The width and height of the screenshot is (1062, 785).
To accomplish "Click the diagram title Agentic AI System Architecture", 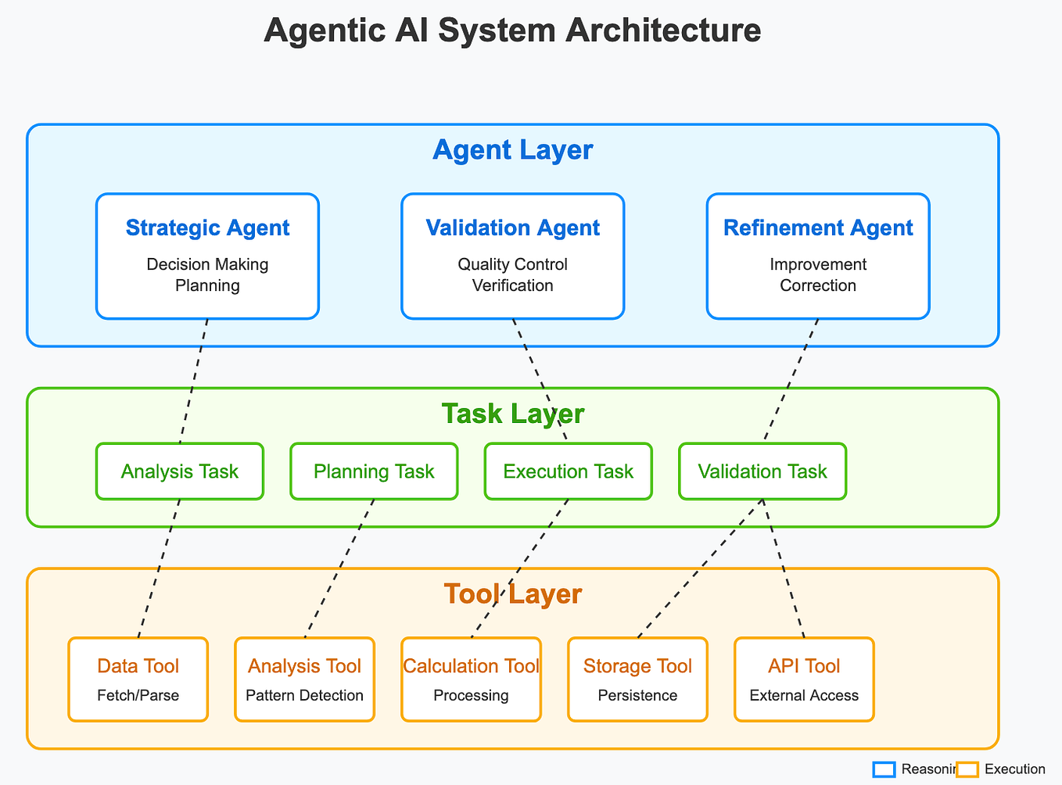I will click(x=512, y=31).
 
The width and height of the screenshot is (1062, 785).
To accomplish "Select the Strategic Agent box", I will click(x=207, y=256).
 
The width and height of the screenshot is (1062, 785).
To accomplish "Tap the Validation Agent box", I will click(x=512, y=256).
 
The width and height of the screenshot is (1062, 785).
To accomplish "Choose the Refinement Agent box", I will click(x=818, y=256).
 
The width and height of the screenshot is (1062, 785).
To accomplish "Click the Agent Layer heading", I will click(x=512, y=149).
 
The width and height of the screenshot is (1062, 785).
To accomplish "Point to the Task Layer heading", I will click(x=512, y=414).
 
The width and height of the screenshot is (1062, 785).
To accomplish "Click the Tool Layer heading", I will click(x=512, y=594).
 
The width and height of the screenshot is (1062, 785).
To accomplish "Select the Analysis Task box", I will click(x=180, y=471).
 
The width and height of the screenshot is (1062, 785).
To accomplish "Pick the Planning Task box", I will click(x=374, y=471).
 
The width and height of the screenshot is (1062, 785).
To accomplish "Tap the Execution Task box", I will click(x=568, y=471).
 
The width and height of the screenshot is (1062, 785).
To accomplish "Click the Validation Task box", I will click(x=762, y=471).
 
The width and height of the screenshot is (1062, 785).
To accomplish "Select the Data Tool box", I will click(x=138, y=679).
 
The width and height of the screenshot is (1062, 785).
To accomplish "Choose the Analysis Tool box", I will click(x=304, y=679).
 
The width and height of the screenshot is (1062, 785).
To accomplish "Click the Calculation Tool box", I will click(x=471, y=679).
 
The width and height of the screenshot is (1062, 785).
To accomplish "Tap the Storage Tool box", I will click(x=637, y=679).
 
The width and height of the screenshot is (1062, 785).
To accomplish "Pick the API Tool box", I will click(x=804, y=679).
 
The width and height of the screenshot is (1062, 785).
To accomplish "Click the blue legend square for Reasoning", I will click(x=884, y=769).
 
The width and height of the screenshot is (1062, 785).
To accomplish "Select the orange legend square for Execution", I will click(x=967, y=769).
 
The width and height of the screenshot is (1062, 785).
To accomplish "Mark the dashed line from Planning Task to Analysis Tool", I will click(x=339, y=567).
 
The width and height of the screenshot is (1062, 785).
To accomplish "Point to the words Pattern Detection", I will click(x=304, y=695).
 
